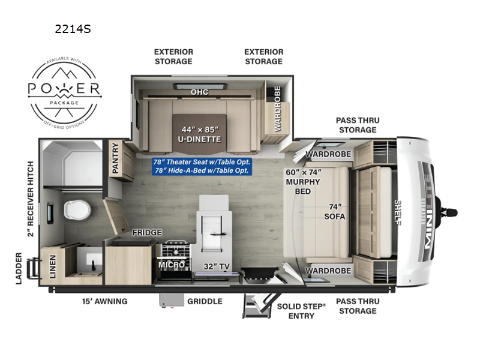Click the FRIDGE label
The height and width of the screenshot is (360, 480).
pos(146,232)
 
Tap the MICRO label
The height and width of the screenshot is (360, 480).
pos(170,264)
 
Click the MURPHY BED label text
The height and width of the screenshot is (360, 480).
pos(303,182)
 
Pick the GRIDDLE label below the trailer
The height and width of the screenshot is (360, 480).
pos(205,301)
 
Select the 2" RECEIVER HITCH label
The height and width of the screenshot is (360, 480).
pos(30,199)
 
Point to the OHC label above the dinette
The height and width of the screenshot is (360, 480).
pos(199,92)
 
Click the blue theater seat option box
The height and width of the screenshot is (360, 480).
pos(202,167)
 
